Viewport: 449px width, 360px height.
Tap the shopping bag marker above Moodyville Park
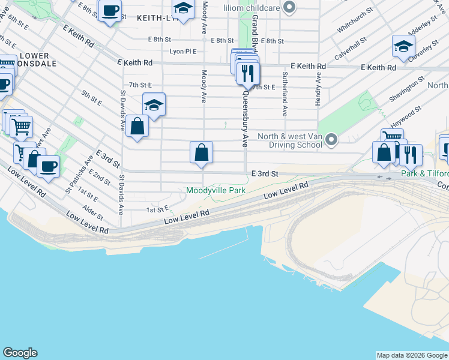202,152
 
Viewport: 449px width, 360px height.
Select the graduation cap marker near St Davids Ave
154,104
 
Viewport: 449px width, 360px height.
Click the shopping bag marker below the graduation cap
137,127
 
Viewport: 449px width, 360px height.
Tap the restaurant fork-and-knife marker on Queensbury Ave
248,74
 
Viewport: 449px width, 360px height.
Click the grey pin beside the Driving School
331,140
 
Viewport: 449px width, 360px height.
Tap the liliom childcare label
252,7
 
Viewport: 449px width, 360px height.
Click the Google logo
20,353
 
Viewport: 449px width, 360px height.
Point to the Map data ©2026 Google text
412,355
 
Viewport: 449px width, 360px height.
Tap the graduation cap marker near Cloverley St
404,46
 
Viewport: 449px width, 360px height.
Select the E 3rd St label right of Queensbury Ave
265,174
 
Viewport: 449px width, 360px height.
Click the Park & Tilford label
424,175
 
